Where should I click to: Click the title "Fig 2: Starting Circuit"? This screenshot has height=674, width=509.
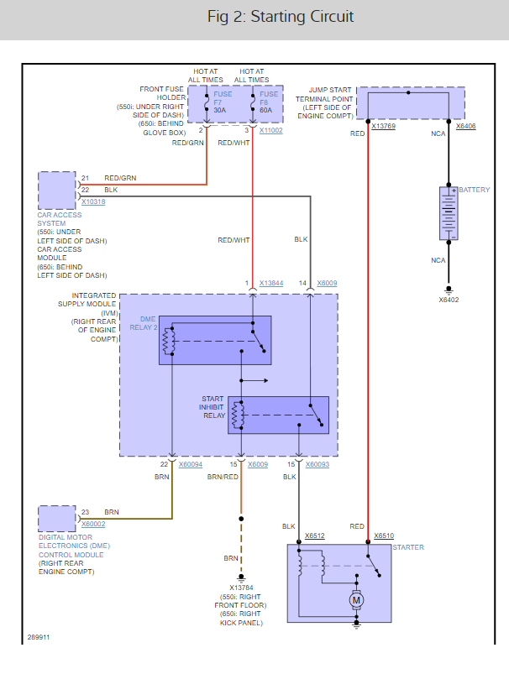tap(281, 18)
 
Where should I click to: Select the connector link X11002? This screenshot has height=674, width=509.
tap(270, 131)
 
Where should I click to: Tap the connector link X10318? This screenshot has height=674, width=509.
tap(93, 202)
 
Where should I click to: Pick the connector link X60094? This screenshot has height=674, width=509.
tap(190, 463)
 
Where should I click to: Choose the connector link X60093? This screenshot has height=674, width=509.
tap(317, 463)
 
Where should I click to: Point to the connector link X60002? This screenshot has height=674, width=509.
tap(94, 524)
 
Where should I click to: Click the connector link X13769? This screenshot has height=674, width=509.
tap(383, 126)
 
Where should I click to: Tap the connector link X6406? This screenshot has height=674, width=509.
tap(465, 126)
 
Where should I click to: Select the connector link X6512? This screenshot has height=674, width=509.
tap(315, 535)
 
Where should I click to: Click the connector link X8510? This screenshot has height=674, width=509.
tap(383, 535)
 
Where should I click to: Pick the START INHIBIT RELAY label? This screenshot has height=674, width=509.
tap(213, 407)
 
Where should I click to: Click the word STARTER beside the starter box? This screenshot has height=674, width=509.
tap(408, 547)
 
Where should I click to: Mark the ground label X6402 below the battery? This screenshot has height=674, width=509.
tap(449, 299)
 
